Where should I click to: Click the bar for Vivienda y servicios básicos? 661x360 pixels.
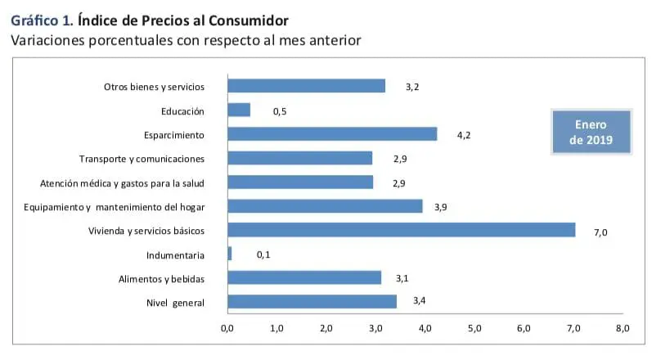click(x=401, y=230)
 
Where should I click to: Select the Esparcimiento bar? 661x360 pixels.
click(x=332, y=134)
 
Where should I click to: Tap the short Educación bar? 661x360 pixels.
click(x=239, y=110)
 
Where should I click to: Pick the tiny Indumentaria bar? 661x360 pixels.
click(x=230, y=254)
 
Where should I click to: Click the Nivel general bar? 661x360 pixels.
click(x=312, y=302)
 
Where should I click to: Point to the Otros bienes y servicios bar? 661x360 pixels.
click(x=306, y=86)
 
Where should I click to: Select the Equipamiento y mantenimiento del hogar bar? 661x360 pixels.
click(x=325, y=206)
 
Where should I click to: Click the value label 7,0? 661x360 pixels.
click(x=600, y=232)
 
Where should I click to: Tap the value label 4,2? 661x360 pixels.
click(x=463, y=136)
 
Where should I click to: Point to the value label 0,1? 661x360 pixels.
click(x=263, y=255)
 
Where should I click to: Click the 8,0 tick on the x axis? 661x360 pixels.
click(x=623, y=329)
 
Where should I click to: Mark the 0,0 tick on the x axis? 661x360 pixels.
click(x=227, y=329)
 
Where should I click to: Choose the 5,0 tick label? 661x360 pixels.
click(x=474, y=329)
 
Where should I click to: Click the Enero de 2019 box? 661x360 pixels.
click(x=589, y=131)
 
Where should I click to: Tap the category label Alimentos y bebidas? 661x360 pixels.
click(x=161, y=279)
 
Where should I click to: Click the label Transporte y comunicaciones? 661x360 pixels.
click(x=142, y=159)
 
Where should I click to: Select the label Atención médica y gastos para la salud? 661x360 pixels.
click(x=122, y=182)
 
